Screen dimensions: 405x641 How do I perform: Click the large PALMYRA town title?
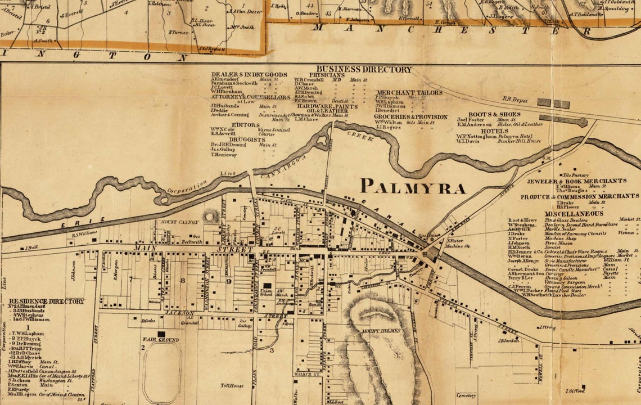(x=413, y=186)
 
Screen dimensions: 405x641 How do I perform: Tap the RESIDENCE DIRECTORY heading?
(x=46, y=301)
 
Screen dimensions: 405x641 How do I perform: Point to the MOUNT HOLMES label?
(x=378, y=331)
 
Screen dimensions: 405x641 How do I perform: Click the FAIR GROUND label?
(x=160, y=340)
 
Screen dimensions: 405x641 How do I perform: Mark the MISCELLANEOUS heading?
(x=574, y=214)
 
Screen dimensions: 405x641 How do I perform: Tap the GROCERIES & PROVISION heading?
(x=411, y=117)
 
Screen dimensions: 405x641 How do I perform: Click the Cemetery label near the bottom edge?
(x=467, y=395)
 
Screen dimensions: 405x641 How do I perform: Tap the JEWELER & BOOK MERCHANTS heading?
(x=576, y=181)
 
